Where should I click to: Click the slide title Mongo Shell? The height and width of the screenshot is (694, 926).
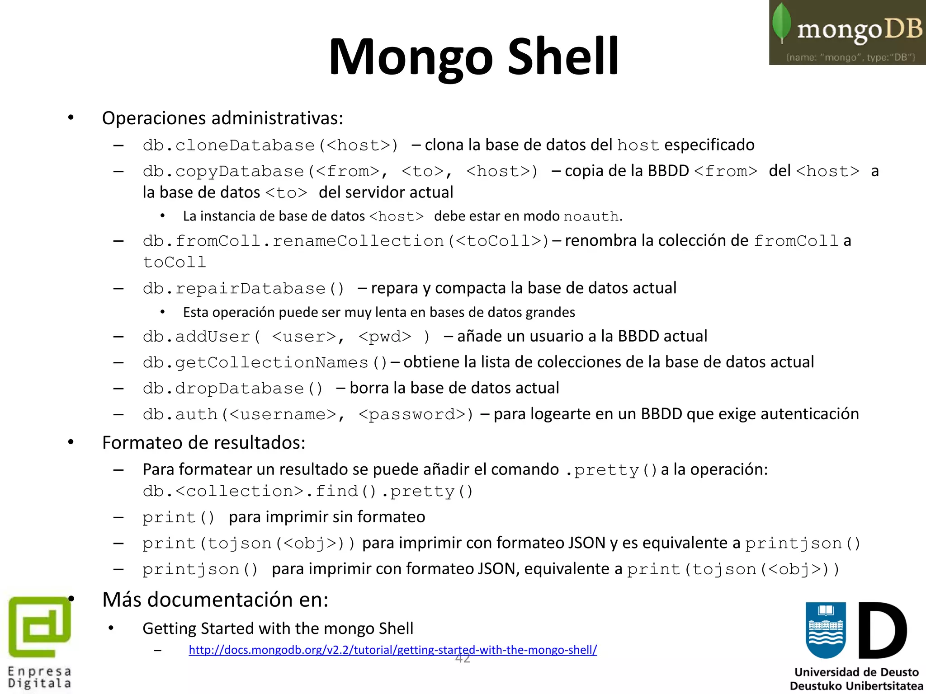[x=473, y=57]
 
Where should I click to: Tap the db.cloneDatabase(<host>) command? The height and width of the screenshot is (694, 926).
[x=270, y=145]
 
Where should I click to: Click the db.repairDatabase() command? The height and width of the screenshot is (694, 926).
[x=244, y=288]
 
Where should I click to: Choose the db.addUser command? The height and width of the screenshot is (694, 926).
[x=286, y=337]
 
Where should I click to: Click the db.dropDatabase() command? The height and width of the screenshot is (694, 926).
[x=233, y=389]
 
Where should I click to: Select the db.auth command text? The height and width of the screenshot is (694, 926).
[x=307, y=414]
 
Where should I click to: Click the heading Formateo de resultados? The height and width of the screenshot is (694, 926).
[x=203, y=443]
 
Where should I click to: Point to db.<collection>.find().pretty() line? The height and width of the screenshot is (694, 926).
[x=307, y=491]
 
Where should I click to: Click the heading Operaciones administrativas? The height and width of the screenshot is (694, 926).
[x=222, y=118]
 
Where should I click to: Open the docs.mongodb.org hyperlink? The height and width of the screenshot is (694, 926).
[x=392, y=650]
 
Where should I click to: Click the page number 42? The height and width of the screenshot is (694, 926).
[x=463, y=659]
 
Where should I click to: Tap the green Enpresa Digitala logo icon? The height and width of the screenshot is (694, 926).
[x=40, y=627]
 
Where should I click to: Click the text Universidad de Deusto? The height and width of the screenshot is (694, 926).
[x=856, y=672]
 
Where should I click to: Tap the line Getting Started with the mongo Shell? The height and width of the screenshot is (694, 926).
[x=278, y=628]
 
